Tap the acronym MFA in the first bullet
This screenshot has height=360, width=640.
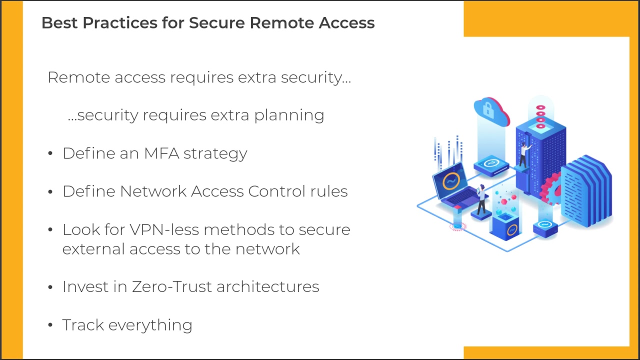pyautogui.click(x=161, y=153)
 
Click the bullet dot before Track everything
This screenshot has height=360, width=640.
pyautogui.click(x=50, y=325)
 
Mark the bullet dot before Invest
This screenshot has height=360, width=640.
pyautogui.click(x=50, y=287)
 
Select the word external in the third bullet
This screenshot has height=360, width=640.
pyautogui.click(x=94, y=248)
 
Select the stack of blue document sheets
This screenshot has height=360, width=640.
pyautogui.click(x=585, y=190)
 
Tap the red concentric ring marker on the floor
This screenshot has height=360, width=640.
pyautogui.click(x=457, y=226)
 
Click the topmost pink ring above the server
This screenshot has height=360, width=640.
pyautogui.click(x=540, y=107)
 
